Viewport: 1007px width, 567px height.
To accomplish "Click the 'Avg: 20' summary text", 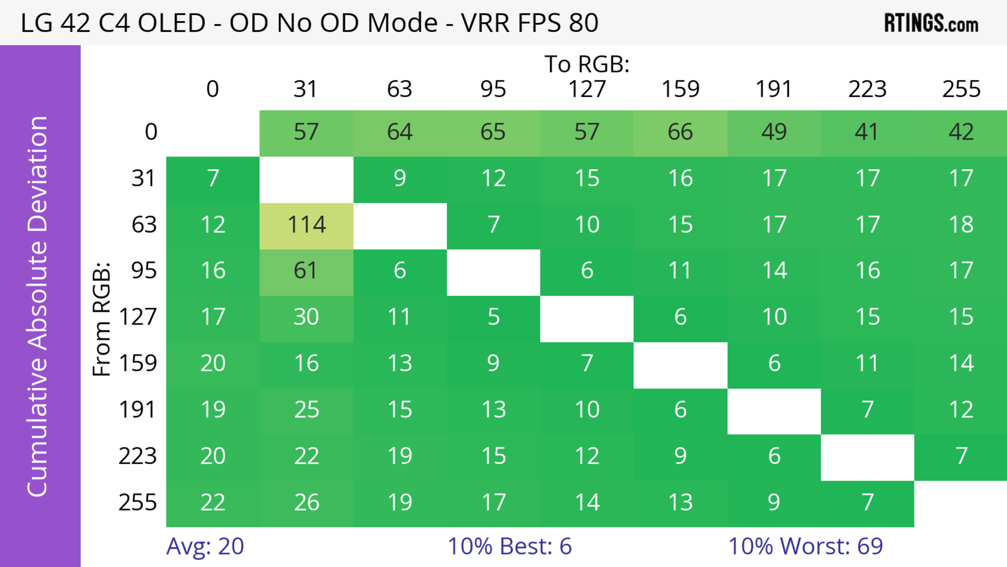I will [205, 546].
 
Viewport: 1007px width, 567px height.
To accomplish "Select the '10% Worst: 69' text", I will [805, 546].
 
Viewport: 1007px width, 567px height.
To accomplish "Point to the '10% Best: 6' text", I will [509, 546].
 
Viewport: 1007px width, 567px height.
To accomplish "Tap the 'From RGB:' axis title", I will [102, 319].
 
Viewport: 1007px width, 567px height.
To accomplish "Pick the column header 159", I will [680, 89].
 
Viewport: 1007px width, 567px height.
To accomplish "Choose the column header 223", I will [867, 89].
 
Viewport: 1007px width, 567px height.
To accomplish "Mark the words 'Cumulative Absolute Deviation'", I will [38, 306].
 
